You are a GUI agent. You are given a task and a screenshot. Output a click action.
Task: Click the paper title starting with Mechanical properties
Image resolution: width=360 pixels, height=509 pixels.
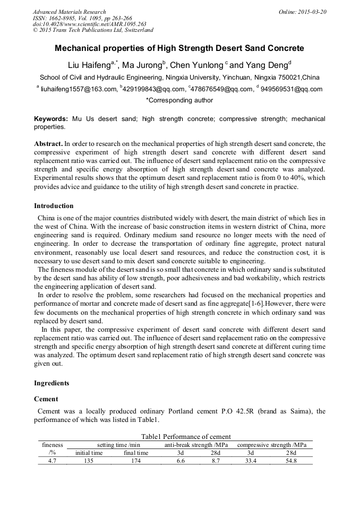pyautogui.click(x=179, y=48)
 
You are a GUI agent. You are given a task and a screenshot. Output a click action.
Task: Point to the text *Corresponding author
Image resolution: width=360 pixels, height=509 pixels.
pyautogui.click(x=179, y=100)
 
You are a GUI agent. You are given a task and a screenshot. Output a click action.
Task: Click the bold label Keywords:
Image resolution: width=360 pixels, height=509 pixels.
pyautogui.click(x=51, y=119)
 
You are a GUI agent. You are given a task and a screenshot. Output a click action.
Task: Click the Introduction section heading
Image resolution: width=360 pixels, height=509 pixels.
pyautogui.click(x=54, y=206)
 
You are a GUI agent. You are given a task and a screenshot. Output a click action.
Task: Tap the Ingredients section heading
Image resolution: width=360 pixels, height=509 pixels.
pyautogui.click(x=52, y=383)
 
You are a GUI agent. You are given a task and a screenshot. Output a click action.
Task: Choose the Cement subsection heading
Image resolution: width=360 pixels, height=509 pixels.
pyautogui.click(x=46, y=399)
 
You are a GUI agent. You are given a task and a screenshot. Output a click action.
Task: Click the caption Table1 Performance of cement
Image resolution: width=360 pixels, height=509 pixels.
pyautogui.click(x=179, y=436)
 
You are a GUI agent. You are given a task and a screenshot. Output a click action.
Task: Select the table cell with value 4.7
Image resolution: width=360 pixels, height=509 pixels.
pyautogui.click(x=52, y=461)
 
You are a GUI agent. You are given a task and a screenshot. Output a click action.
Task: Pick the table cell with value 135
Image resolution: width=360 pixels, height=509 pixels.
pyautogui.click(x=89, y=461)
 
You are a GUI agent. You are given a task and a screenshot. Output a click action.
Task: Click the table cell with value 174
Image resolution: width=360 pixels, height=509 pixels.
pyautogui.click(x=136, y=461)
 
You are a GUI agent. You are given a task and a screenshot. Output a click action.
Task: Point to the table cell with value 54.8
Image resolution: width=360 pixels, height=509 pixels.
pyautogui.click(x=291, y=461)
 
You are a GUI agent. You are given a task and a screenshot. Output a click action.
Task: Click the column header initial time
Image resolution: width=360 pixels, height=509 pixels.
pyautogui.click(x=89, y=453)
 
